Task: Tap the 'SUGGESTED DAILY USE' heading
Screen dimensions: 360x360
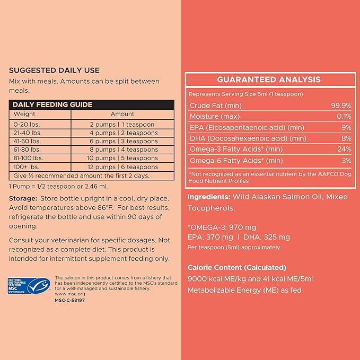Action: pyautogui.click(x=54, y=70)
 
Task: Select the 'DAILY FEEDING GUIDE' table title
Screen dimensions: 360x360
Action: pyautogui.click(x=52, y=104)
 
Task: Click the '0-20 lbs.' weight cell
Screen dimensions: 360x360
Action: pyautogui.click(x=24, y=124)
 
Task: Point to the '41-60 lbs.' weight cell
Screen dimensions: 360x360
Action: pyautogui.click(x=27, y=141)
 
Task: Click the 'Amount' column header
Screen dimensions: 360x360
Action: pyautogui.click(x=122, y=114)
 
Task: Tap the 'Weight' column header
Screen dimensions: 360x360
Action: pyautogui.click(x=24, y=114)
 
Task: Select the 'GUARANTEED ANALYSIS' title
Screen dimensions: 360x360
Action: pyautogui.click(x=269, y=80)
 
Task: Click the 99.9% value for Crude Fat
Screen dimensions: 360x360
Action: pyautogui.click(x=340, y=106)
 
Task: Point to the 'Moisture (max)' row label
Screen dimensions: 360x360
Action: pyautogui.click(x=216, y=116)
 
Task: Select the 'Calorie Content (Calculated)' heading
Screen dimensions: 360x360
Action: pyautogui.click(x=237, y=267)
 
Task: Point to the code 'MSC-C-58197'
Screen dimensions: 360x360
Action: pyautogui.click(x=70, y=300)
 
